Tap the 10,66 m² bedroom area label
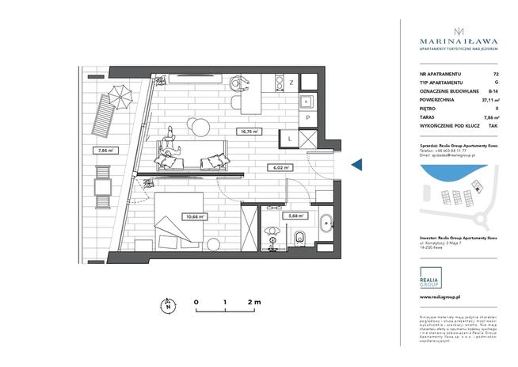tap(195, 216)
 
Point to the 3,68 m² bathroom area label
tap(296, 216)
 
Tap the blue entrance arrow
tap(356, 164)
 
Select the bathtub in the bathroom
tap(326, 221)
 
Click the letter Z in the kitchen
tap(291, 82)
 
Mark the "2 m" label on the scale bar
tap(255, 302)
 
